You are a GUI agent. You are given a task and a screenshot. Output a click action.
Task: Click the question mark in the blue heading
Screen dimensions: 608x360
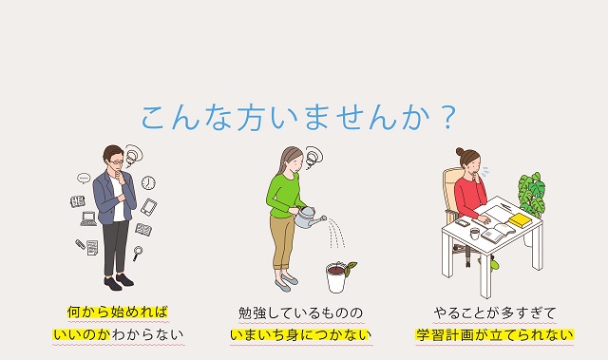point(448,118)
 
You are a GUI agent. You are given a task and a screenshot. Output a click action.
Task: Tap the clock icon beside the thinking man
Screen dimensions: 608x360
point(148,182)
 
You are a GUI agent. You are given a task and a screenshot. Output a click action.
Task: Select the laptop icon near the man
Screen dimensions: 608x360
point(88,218)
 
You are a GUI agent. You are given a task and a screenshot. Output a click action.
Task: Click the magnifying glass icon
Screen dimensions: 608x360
point(137,253)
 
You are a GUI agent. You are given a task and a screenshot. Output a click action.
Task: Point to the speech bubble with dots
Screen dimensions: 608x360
point(84,179)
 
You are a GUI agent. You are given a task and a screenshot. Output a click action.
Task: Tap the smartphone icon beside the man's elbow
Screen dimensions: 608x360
point(148,207)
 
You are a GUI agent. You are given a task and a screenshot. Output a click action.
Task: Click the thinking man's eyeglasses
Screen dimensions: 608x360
point(118,162)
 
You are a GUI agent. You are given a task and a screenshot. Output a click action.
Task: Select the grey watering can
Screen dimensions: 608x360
point(309,218)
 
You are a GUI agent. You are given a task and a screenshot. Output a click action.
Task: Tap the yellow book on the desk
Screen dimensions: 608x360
point(521,221)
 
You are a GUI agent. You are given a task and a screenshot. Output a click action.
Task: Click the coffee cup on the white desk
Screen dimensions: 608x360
point(475,234)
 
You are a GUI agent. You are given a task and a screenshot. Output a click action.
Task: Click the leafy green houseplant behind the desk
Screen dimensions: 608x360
point(532,194)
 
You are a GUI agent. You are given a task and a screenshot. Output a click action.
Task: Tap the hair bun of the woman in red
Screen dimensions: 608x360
point(460,151)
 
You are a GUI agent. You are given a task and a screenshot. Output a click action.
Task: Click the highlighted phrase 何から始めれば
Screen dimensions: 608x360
point(118,312)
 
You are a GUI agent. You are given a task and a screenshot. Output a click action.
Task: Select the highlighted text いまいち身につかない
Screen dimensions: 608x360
point(300,334)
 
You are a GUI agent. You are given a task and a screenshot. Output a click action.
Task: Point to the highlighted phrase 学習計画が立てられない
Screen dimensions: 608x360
point(494,334)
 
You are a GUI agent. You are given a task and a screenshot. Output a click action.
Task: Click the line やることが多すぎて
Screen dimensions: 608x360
point(495,313)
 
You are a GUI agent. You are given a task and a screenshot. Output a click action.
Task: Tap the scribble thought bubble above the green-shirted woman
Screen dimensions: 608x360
point(313,157)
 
